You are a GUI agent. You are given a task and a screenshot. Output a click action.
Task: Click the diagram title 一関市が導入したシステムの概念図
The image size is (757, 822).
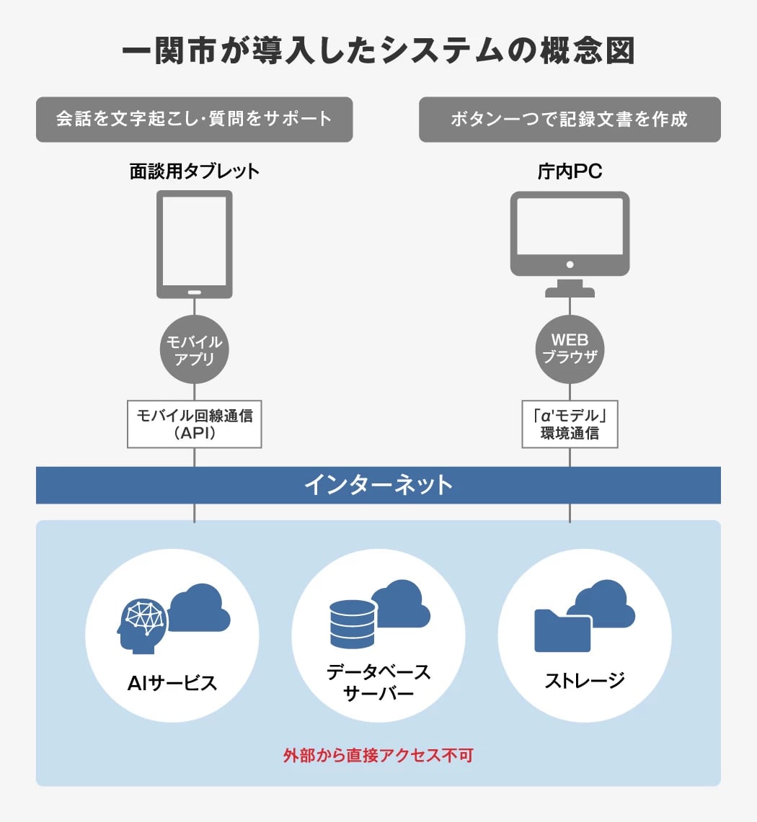click(378, 51)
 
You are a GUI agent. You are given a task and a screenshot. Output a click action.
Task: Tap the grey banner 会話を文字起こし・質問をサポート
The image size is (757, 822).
click(194, 119)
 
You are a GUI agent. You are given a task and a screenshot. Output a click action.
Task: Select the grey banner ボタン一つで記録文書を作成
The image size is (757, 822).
click(570, 119)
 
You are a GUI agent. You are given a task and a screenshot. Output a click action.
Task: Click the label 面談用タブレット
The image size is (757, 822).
click(194, 171)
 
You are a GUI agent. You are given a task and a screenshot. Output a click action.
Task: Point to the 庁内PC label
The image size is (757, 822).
click(570, 171)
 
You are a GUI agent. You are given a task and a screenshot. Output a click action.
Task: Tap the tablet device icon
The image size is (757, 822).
click(194, 244)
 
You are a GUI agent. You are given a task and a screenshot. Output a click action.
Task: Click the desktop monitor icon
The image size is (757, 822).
click(570, 244)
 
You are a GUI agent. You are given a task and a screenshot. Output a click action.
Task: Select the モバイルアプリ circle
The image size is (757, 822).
click(194, 349)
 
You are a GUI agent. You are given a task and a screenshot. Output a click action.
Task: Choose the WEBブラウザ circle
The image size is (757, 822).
click(570, 349)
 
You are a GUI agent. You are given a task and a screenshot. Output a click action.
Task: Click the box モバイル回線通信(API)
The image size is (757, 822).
click(194, 424)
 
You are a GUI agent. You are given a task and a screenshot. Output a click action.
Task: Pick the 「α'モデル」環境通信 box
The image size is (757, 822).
click(570, 424)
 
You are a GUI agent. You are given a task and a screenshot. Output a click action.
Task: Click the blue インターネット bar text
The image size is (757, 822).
click(378, 485)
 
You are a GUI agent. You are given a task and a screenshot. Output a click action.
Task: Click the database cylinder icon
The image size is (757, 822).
click(353, 624)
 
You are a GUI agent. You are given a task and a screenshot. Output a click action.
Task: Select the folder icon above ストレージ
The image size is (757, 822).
click(562, 630)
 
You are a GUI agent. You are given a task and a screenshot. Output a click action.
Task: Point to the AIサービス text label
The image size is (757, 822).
click(172, 683)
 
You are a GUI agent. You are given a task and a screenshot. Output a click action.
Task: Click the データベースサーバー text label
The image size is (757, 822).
click(378, 682)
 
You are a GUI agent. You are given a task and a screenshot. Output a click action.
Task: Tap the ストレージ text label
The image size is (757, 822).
click(585, 681)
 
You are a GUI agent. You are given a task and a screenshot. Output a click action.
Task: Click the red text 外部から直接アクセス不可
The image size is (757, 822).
click(378, 756)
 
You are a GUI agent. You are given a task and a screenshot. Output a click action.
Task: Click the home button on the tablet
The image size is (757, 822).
click(194, 292)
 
